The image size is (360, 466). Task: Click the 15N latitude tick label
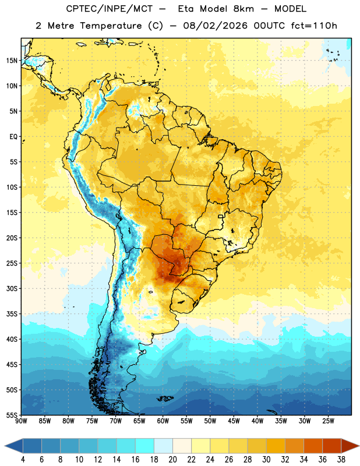12,61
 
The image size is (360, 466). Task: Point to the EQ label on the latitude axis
13,137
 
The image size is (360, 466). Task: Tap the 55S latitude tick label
12,415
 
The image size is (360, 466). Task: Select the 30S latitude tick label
12,288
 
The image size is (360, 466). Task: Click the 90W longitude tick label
21,421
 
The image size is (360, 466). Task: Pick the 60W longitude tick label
163,421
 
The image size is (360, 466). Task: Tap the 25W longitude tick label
328,421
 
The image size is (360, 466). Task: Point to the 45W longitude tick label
234,421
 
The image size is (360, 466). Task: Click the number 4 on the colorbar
23,460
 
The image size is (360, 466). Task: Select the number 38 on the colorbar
341,460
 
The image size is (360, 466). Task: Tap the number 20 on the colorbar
172,460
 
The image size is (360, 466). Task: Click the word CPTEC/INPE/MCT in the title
110,9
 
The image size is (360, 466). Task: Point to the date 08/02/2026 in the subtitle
215,26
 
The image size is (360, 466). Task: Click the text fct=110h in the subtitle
314,26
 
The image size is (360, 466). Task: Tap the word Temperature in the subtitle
111,26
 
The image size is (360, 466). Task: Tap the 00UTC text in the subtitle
269,26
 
